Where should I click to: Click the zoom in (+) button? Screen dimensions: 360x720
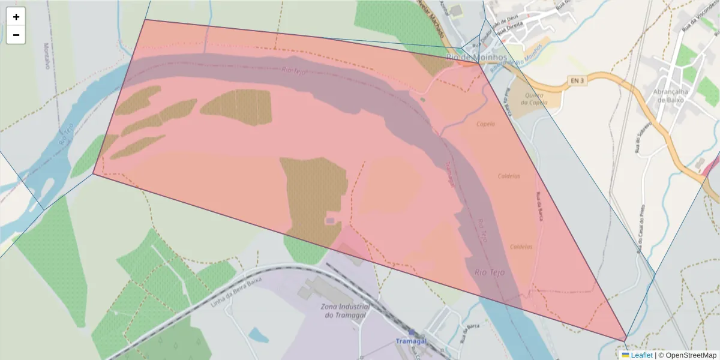coord(16,17)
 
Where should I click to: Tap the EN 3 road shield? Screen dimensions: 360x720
coord(576,80)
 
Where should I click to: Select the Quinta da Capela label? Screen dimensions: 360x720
coord(534,98)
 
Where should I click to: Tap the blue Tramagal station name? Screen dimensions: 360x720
coord(411,341)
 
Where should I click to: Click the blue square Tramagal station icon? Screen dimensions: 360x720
coord(412,332)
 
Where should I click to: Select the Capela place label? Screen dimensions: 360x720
coord(485,124)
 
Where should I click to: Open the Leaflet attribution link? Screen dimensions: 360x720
coord(641,355)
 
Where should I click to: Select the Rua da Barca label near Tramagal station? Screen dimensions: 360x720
coord(472,331)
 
